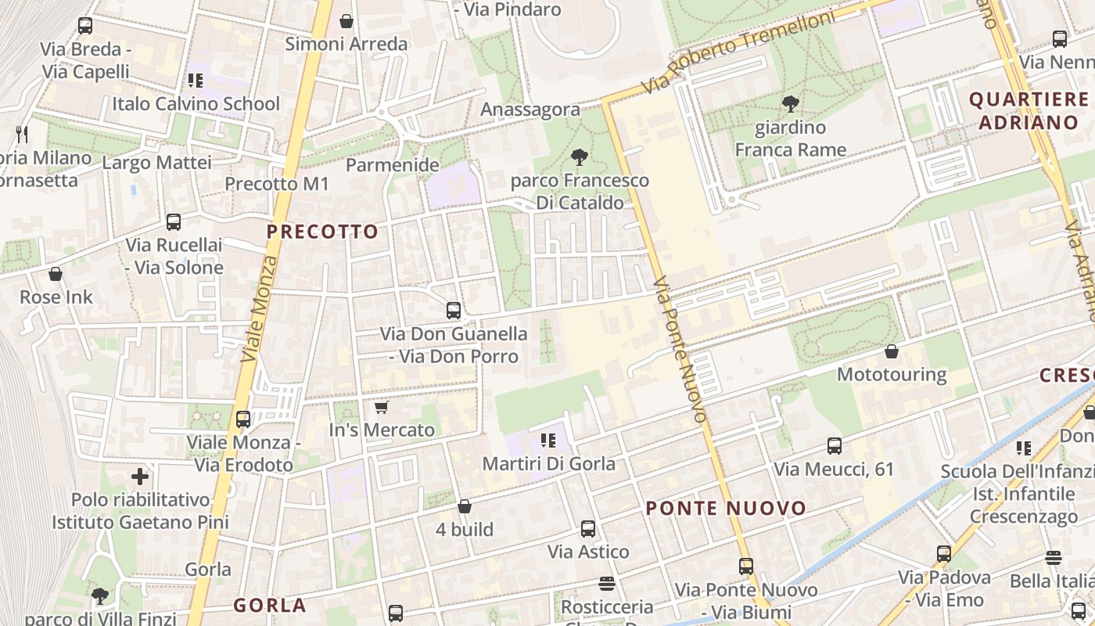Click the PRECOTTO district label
point(322,232)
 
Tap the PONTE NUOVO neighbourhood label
point(726,509)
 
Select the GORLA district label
point(270,605)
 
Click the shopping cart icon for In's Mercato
point(382,407)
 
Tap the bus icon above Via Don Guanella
point(454,311)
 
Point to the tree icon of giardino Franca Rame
point(791,103)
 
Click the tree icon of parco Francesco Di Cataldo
point(580,157)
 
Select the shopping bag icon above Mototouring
point(892,351)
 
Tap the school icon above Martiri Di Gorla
point(547,441)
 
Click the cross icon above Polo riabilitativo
point(140,476)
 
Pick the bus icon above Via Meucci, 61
point(835,446)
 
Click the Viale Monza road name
point(260,309)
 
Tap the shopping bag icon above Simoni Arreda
point(346,21)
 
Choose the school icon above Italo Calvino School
point(196,80)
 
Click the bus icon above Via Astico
point(588,529)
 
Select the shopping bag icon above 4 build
point(465,506)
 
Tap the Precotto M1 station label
point(277,184)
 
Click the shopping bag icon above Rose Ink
point(56,274)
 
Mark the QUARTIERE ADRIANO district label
point(1029,110)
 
